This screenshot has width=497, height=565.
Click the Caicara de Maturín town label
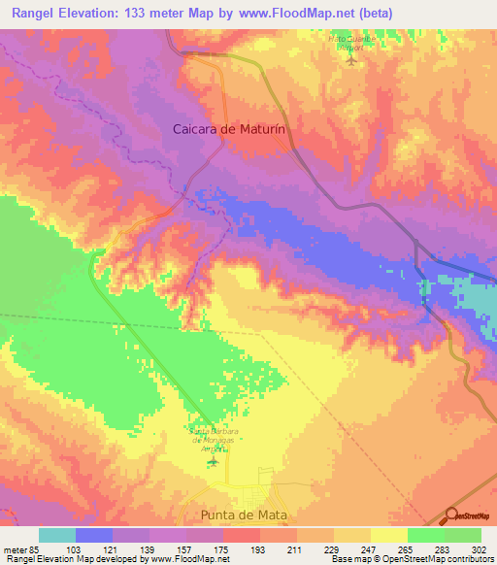tap(232, 127)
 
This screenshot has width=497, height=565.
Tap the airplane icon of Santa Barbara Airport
tap(213, 460)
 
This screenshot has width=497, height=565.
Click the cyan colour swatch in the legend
tap(57, 535)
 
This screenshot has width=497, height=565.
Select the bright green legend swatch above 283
tap(425, 535)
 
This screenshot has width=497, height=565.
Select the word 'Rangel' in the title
tap(30, 12)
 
